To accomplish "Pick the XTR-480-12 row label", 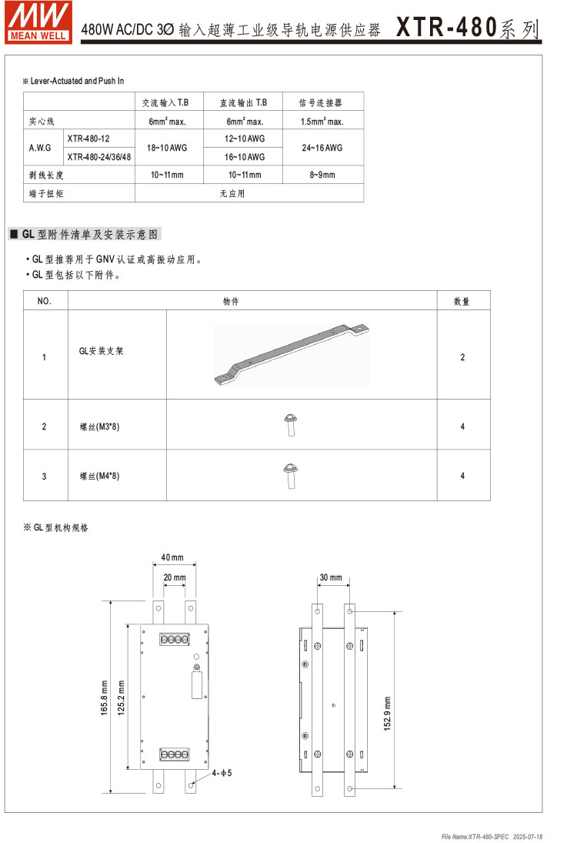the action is click(88, 139).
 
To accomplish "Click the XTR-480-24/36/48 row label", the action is click(98, 157).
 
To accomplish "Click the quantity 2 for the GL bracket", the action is click(462, 357).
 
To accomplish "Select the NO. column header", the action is click(45, 301).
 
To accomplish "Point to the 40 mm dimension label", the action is click(172, 557).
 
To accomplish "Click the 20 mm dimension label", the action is click(175, 577).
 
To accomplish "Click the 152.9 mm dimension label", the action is click(388, 714).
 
